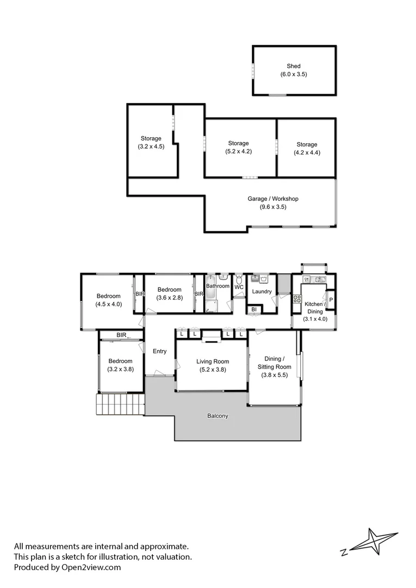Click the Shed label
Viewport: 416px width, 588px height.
(x=294, y=66)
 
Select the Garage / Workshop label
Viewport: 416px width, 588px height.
(x=272, y=199)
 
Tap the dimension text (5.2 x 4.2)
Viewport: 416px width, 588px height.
(x=239, y=152)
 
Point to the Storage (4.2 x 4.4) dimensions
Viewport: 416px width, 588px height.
(x=307, y=152)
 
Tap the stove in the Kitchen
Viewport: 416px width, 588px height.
(x=297, y=298)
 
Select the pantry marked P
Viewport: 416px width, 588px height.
(x=330, y=300)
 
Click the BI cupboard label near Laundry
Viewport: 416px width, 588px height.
(x=254, y=310)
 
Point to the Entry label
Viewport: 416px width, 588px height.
(x=159, y=351)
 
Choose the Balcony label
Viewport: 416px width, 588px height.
(x=218, y=416)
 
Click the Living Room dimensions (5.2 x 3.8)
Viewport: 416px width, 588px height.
(x=212, y=370)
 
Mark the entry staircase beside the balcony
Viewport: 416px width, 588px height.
(x=120, y=404)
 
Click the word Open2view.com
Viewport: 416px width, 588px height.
(x=89, y=567)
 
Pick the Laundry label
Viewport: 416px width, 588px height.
(x=262, y=291)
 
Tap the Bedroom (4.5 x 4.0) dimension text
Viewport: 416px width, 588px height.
(x=109, y=304)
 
